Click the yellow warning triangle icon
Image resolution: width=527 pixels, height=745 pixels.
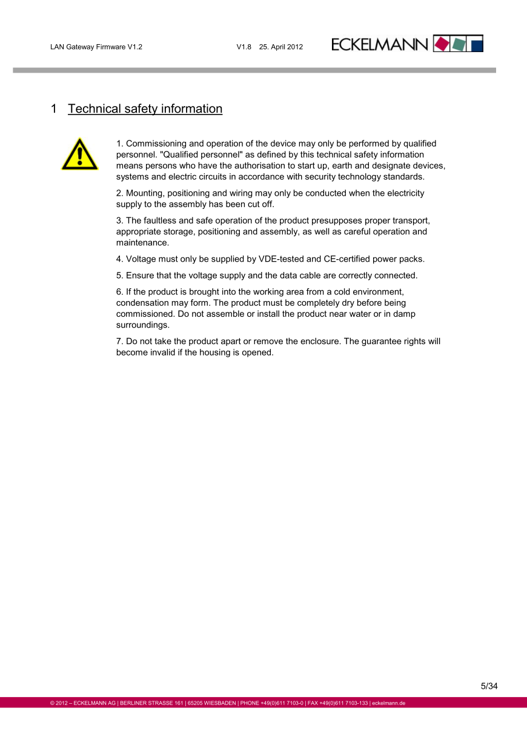click(x=79, y=154)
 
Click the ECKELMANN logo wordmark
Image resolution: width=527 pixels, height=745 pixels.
click(x=380, y=44)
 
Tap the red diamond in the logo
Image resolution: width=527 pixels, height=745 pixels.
click(x=443, y=44)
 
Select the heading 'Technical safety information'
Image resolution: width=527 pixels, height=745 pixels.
click(x=145, y=109)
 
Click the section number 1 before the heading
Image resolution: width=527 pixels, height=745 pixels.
click(x=54, y=109)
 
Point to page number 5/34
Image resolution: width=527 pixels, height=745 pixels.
click(x=489, y=686)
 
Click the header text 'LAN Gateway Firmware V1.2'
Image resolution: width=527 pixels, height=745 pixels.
click(x=96, y=47)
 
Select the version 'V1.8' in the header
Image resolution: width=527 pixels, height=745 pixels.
click(x=244, y=47)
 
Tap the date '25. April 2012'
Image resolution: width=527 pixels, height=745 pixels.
click(x=281, y=47)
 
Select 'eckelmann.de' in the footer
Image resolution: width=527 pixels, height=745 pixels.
click(x=388, y=703)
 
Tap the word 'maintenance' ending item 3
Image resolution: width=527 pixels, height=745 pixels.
click(x=142, y=243)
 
